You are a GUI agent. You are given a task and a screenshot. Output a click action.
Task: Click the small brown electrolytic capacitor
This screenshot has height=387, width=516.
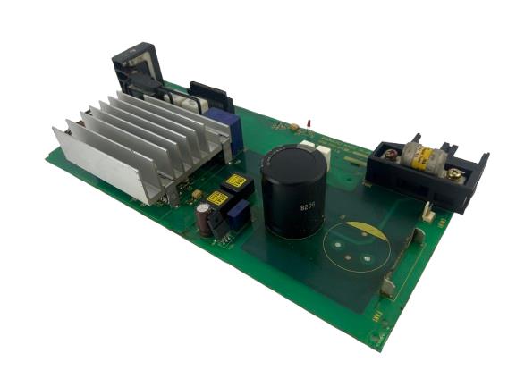click(x=205, y=218)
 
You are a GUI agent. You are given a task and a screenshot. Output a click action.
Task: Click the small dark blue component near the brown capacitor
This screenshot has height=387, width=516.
click(x=238, y=215)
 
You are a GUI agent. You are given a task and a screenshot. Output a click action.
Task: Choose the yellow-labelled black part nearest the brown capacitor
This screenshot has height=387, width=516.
click(x=217, y=199)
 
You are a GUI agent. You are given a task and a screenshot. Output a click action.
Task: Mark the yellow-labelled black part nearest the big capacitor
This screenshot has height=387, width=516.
click(x=236, y=182)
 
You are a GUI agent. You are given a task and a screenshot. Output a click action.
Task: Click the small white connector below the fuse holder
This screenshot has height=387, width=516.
click(x=428, y=214)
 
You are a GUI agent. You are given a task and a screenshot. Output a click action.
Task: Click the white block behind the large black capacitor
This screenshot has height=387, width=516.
click(x=319, y=153)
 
